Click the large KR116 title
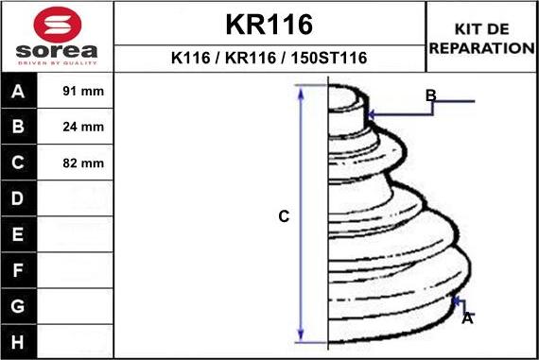[x=269, y=24]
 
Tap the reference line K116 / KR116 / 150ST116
[x=269, y=58]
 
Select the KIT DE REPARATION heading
[x=481, y=39]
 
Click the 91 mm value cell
[x=83, y=92]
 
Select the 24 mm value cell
[x=83, y=127]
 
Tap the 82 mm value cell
[x=83, y=163]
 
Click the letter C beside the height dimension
[x=283, y=216]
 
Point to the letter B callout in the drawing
[x=430, y=94]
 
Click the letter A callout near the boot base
[x=466, y=318]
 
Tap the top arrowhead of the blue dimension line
[x=302, y=90]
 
